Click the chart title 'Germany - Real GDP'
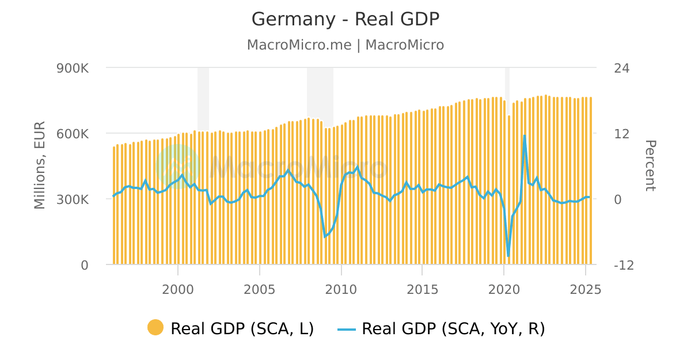coord(345,19)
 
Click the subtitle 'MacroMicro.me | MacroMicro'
coord(345,45)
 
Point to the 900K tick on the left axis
coord(72,68)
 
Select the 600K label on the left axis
coord(72,134)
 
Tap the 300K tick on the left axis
coord(72,199)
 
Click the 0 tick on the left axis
coord(84,265)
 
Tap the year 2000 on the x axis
coord(178,289)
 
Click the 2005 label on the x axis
coord(260,289)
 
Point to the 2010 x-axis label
coord(341,289)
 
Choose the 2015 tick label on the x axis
coord(423,289)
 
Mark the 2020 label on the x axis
coord(504,289)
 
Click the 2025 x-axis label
coord(586,289)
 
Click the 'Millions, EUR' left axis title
coord(39,166)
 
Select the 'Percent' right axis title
coord(650,166)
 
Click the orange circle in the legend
coord(155,328)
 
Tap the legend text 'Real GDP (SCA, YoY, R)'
coord(453,328)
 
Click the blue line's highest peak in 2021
coord(525,136)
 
